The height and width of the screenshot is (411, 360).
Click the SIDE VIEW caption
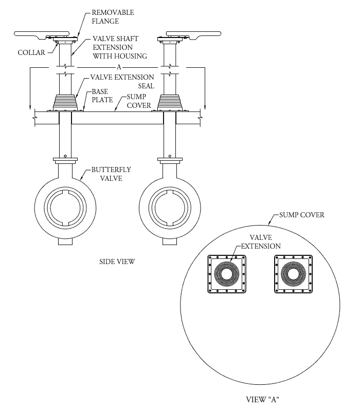point(117,261)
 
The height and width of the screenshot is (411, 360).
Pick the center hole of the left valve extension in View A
point(227,274)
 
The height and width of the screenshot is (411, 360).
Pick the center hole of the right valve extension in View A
point(293,274)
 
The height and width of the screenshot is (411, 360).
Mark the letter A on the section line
point(119,67)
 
